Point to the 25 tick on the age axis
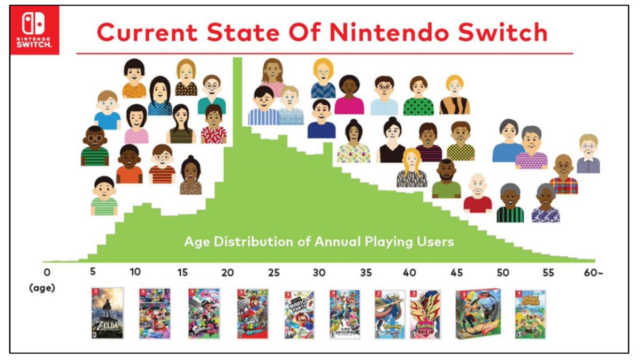coord(273,272)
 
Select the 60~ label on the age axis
coord(593,272)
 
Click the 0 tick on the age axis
coord(47,272)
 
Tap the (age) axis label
coord(42,287)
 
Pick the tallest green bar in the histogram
coord(237,160)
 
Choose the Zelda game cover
coord(108,313)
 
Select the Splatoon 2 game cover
coord(204,313)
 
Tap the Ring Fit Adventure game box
coord(478,313)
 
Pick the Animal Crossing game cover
coord(530,315)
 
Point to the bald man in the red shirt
coord(477,194)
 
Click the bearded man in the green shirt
coord(446,179)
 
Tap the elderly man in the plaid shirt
coord(563,174)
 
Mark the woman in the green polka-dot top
coord(418,96)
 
